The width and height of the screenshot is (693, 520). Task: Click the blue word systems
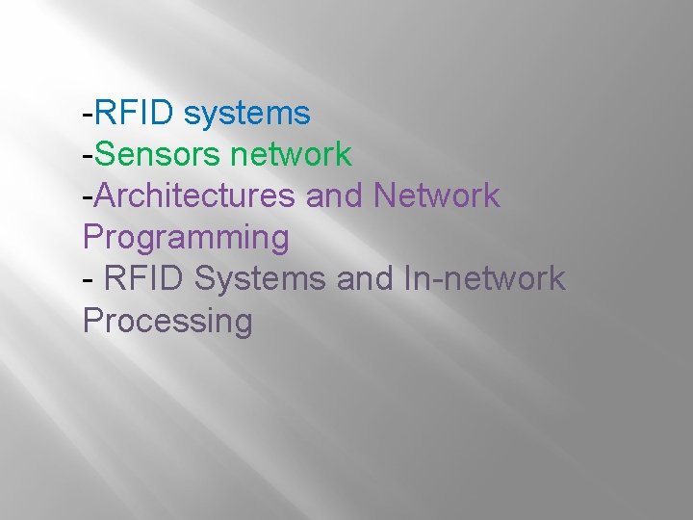246,115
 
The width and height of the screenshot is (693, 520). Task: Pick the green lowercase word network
291,154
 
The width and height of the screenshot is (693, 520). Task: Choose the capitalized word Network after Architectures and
436,195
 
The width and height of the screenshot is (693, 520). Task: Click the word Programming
186,238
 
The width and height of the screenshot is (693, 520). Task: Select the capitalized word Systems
260,278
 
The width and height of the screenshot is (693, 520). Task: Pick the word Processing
167,320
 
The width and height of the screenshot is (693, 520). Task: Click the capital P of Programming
92,236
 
